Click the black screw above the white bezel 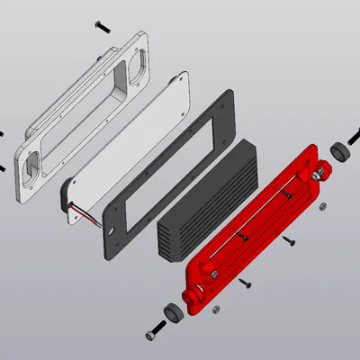[x=102, y=25]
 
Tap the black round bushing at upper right [x=337, y=150]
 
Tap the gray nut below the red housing [x=215, y=310]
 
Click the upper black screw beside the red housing [x=289, y=241]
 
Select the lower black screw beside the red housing [x=247, y=283]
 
